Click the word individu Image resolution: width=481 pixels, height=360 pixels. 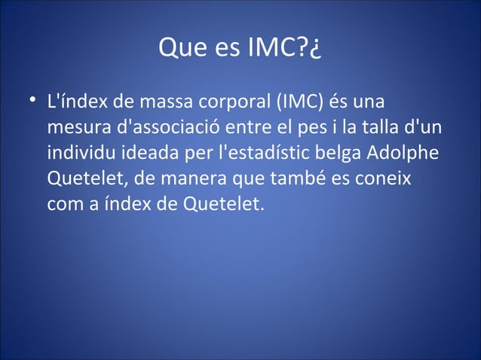78,153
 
